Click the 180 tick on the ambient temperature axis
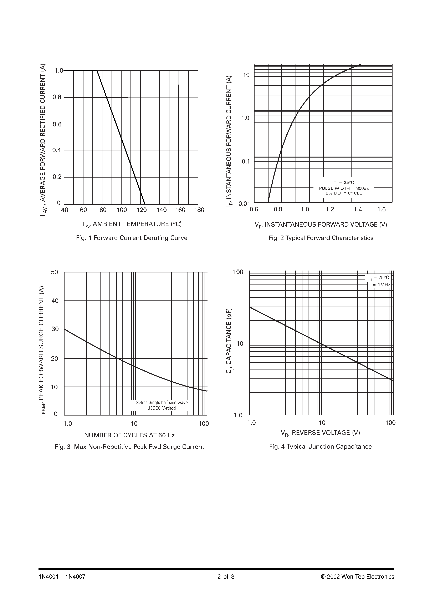pos(199,210)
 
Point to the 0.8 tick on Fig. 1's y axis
pos(57,97)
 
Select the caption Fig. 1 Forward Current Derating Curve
pos(132,238)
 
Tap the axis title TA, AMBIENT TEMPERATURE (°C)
pos(132,224)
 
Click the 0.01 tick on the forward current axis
pos(244,204)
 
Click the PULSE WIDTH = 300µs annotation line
pos(344,188)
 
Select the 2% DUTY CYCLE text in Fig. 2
pos(344,193)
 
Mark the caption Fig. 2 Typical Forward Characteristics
pos(321,238)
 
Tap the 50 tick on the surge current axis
pos(55,272)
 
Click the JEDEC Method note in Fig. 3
pos(162,408)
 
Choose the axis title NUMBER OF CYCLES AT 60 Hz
pos(129,435)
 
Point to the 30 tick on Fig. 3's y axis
pos(55,329)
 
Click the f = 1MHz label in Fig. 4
pos(379,285)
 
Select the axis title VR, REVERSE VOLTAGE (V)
pos(320,433)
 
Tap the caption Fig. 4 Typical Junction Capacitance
pos(320,447)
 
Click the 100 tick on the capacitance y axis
pos(238,272)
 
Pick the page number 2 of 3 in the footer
pos(226,577)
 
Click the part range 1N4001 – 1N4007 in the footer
pos(62,577)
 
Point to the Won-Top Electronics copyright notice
pos(357,577)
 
